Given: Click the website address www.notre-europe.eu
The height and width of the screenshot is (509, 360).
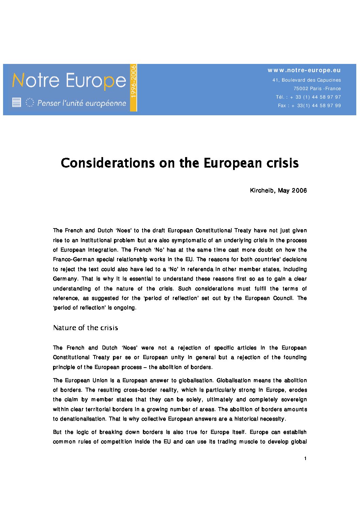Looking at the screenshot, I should [x=304, y=70].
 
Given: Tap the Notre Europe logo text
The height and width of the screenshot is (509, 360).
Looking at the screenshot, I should [x=69, y=81].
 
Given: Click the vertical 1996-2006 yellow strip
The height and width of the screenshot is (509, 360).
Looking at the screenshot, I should [x=133, y=87].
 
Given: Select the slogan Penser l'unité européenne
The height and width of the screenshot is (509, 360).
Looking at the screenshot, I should [x=82, y=103].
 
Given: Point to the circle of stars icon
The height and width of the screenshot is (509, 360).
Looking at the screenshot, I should [x=30, y=102].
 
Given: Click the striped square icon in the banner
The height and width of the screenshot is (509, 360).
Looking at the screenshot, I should [x=17, y=102].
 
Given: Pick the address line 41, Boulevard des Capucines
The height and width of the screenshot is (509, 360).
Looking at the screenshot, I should [x=306, y=80].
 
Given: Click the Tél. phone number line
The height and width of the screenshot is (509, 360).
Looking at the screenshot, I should [x=308, y=97].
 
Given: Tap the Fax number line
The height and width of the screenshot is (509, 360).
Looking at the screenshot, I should [x=309, y=105].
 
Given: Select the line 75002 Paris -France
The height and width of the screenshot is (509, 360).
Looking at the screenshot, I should [x=317, y=88].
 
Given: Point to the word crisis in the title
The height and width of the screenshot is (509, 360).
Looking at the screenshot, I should [x=282, y=163].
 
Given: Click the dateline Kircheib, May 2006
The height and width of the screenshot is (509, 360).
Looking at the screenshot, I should [x=278, y=190].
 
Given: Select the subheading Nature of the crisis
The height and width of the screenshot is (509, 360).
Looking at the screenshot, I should [x=85, y=328].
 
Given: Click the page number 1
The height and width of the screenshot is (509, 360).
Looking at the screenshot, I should [x=305, y=458].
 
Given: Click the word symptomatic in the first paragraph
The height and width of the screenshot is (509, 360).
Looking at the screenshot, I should [x=189, y=240].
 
